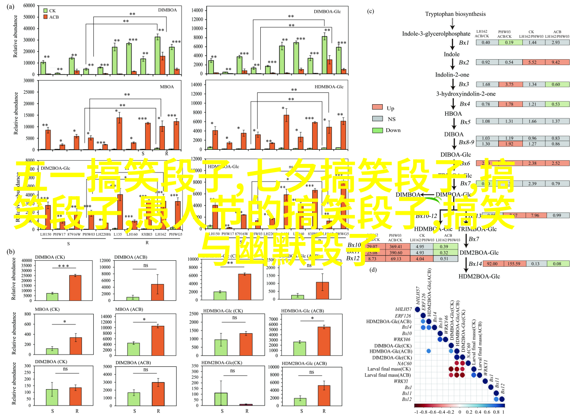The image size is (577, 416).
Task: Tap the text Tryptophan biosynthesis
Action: [x=449, y=14]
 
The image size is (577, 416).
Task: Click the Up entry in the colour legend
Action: [x=390, y=108]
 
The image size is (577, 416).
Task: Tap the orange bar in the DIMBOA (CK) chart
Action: [x=75, y=288]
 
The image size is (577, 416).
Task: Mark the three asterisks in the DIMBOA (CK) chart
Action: [x=63, y=266]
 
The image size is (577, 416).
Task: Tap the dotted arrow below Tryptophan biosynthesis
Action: [x=452, y=23]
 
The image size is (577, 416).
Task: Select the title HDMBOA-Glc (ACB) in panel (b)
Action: [x=304, y=311]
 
